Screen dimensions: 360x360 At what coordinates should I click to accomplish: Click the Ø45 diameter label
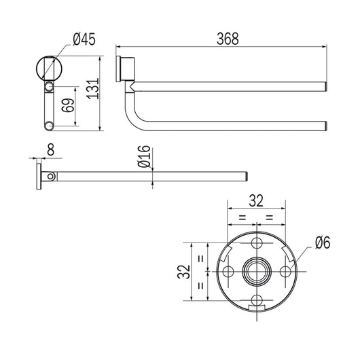[x=84, y=40]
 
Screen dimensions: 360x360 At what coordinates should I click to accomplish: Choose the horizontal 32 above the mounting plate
[x=256, y=200]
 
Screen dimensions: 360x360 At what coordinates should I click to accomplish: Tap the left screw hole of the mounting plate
[x=228, y=272]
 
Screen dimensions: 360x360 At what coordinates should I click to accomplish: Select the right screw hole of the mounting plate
[x=285, y=272]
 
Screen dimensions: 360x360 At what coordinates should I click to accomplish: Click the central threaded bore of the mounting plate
[x=257, y=272]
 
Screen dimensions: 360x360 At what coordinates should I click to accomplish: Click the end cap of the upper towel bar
[x=327, y=86]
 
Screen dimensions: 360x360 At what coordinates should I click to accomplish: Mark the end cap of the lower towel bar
[x=327, y=124]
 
